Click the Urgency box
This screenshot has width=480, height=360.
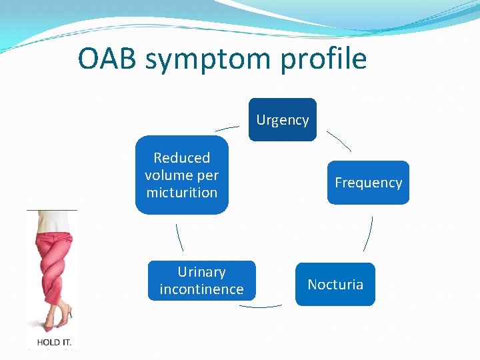click(283, 120)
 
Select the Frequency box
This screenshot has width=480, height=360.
click(368, 183)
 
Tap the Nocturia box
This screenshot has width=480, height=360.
click(335, 285)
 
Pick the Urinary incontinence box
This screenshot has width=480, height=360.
click(201, 281)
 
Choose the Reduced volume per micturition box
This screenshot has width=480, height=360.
click(181, 175)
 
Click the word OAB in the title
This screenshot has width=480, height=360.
click(107, 59)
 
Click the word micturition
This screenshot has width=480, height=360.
click(181, 193)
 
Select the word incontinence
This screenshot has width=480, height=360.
click(201, 289)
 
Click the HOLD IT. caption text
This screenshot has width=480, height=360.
click(53, 342)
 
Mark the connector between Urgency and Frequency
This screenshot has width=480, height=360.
click(339, 141)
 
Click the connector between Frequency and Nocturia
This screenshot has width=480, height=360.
click(367, 233)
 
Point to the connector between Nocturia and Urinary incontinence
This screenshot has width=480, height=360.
click(260, 306)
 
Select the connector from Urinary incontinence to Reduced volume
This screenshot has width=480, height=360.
click(179, 237)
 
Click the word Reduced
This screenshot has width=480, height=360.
click(181, 158)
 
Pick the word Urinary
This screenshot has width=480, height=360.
click(201, 272)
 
